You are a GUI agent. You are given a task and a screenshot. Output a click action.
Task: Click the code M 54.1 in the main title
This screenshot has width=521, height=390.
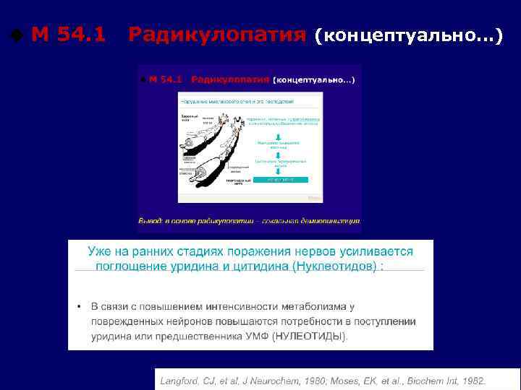(x=69, y=34)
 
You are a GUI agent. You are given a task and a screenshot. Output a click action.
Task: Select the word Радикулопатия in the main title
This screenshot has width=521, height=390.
(x=216, y=34)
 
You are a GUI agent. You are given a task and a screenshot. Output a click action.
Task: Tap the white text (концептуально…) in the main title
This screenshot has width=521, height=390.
(x=408, y=35)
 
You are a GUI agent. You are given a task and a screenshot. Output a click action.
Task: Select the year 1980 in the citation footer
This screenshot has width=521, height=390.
(x=316, y=381)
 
